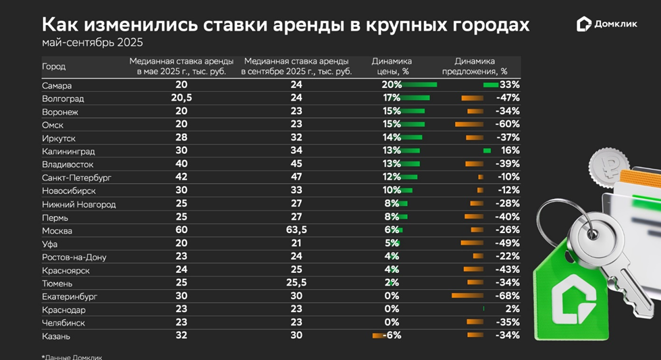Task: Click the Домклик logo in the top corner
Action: pos(608,24)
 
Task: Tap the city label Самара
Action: pos(57,85)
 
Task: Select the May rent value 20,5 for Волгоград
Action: pos(182,98)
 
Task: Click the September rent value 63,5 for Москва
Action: pos(296,230)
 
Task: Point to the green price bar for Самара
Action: pos(419,85)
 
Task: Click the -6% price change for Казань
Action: pos(392,336)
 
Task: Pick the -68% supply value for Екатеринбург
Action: pos(507,296)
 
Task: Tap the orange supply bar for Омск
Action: pos(469,124)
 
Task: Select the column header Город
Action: pos(53,66)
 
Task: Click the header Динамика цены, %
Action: pos(392,66)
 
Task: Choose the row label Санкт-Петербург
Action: pos(76,178)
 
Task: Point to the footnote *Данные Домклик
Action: pos(72,357)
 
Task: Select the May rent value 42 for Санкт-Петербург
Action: pos(182,178)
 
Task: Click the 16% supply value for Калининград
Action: pos(510,151)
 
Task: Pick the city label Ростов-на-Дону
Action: pos(74,257)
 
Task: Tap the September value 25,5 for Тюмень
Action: pos(296,283)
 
